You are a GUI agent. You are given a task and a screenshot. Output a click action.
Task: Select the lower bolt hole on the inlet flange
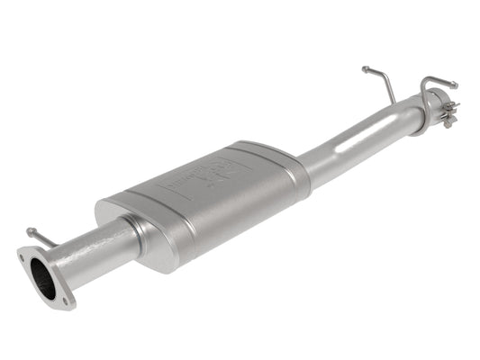64,295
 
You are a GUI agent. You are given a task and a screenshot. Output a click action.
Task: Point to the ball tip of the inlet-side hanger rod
29,231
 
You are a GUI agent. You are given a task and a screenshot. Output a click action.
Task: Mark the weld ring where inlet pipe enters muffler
134,232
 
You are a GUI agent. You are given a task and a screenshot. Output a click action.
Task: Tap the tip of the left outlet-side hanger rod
365,68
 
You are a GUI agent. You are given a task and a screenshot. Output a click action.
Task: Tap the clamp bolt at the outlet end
448,112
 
